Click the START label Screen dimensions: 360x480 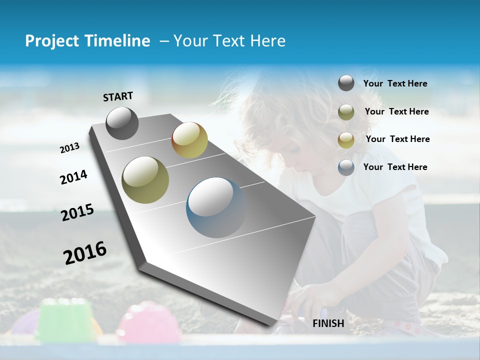click(x=118, y=96)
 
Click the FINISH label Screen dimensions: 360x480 click(x=328, y=323)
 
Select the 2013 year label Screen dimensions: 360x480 click(x=69, y=148)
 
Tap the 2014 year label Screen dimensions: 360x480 click(x=73, y=177)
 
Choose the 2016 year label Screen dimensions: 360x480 click(x=85, y=252)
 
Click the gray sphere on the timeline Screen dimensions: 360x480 click(x=122, y=123)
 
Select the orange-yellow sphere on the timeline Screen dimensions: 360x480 click(x=189, y=140)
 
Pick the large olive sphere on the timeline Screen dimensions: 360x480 click(x=145, y=179)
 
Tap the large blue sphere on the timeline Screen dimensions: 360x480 click(x=216, y=207)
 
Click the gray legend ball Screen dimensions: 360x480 click(x=346, y=83)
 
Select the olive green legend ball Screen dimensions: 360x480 click(x=346, y=112)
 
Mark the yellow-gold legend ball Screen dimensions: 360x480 click(x=346, y=140)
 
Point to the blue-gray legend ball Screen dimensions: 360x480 click(x=346, y=167)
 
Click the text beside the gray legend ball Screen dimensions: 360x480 click(x=395, y=83)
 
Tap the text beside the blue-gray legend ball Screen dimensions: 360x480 click(x=395, y=167)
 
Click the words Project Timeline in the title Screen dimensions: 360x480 click(x=87, y=41)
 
